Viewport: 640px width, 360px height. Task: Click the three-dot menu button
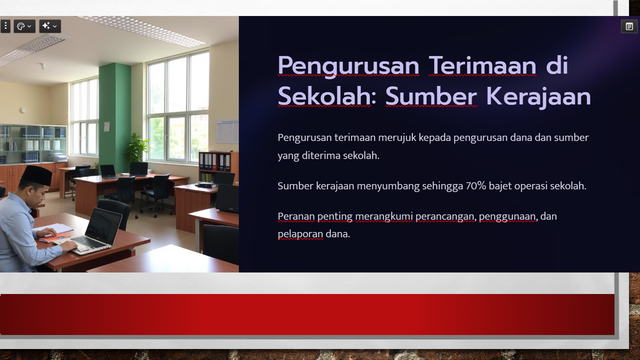[5, 26]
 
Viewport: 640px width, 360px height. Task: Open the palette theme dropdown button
[24, 26]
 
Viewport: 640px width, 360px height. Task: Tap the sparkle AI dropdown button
[50, 26]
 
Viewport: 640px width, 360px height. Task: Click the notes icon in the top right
[629, 26]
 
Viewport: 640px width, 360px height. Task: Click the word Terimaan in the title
[482, 65]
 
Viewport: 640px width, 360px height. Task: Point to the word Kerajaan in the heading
[538, 96]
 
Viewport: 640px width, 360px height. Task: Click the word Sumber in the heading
[431, 96]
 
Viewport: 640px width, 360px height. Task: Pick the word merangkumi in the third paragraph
[383, 216]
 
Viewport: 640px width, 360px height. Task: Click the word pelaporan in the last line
[300, 234]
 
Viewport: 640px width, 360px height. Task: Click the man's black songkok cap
[37, 174]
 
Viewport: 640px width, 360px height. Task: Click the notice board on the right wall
[227, 131]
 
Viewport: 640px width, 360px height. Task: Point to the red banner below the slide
[307, 314]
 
